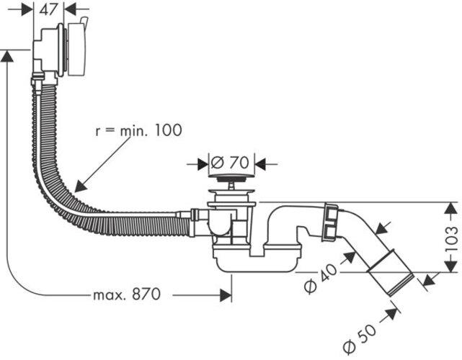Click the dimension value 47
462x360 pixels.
49,9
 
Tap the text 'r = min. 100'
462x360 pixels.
138,130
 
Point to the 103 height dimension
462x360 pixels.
452,238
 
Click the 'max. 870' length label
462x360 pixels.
126,295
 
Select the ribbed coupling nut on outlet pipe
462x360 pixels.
331,221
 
